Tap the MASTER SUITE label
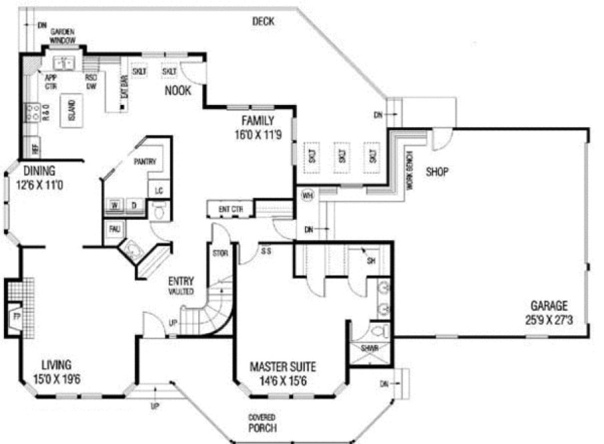[283, 367]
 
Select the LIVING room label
[57, 364]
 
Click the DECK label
[263, 21]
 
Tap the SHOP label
[437, 172]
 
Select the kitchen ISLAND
[70, 111]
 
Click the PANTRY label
[145, 162]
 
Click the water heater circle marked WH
[307, 196]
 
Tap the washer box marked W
[115, 205]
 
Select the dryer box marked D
[133, 205]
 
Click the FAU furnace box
[113, 231]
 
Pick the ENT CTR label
[230, 209]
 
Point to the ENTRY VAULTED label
[181, 286]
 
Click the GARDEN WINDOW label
[64, 35]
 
